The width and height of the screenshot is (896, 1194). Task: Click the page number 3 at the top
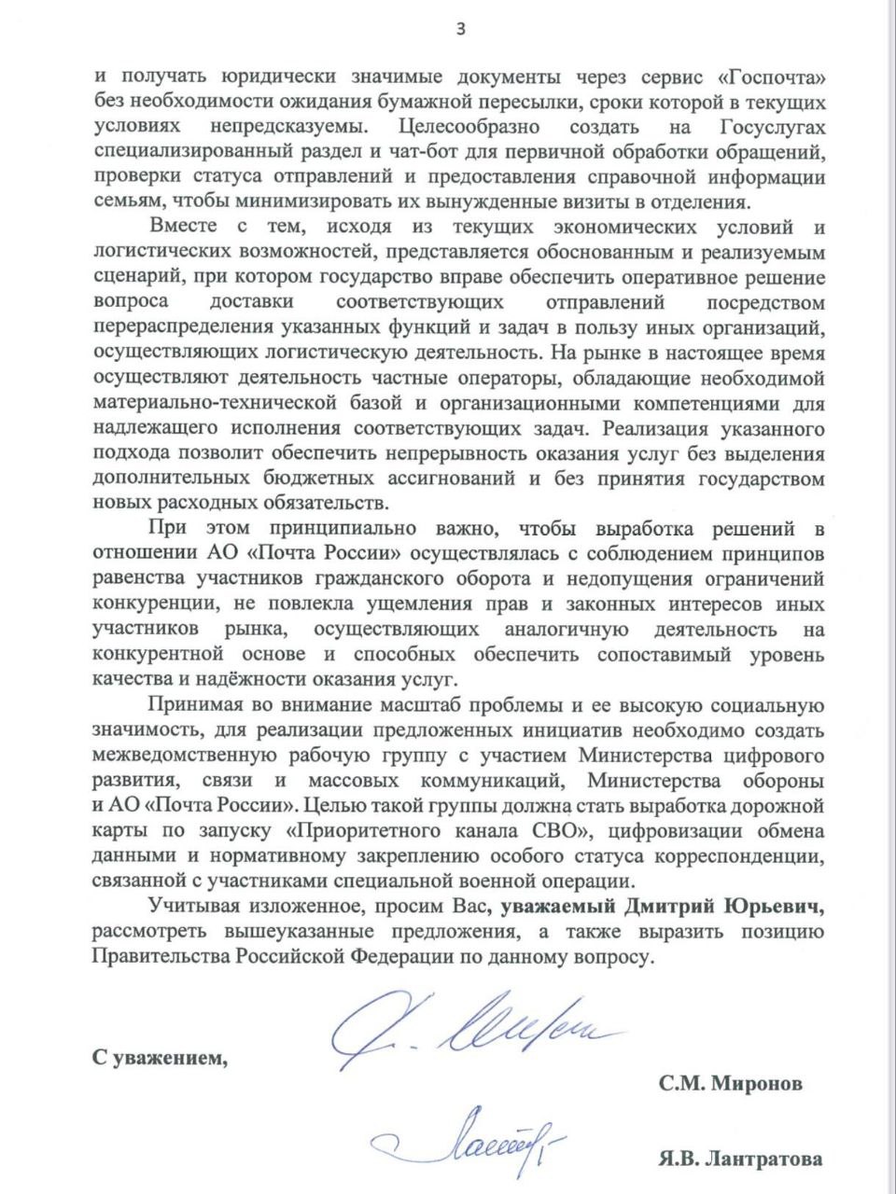(459, 29)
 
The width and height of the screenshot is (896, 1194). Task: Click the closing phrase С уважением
(160, 1058)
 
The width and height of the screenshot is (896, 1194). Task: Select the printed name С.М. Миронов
(730, 1084)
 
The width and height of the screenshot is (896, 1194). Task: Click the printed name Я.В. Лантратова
(739, 1159)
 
